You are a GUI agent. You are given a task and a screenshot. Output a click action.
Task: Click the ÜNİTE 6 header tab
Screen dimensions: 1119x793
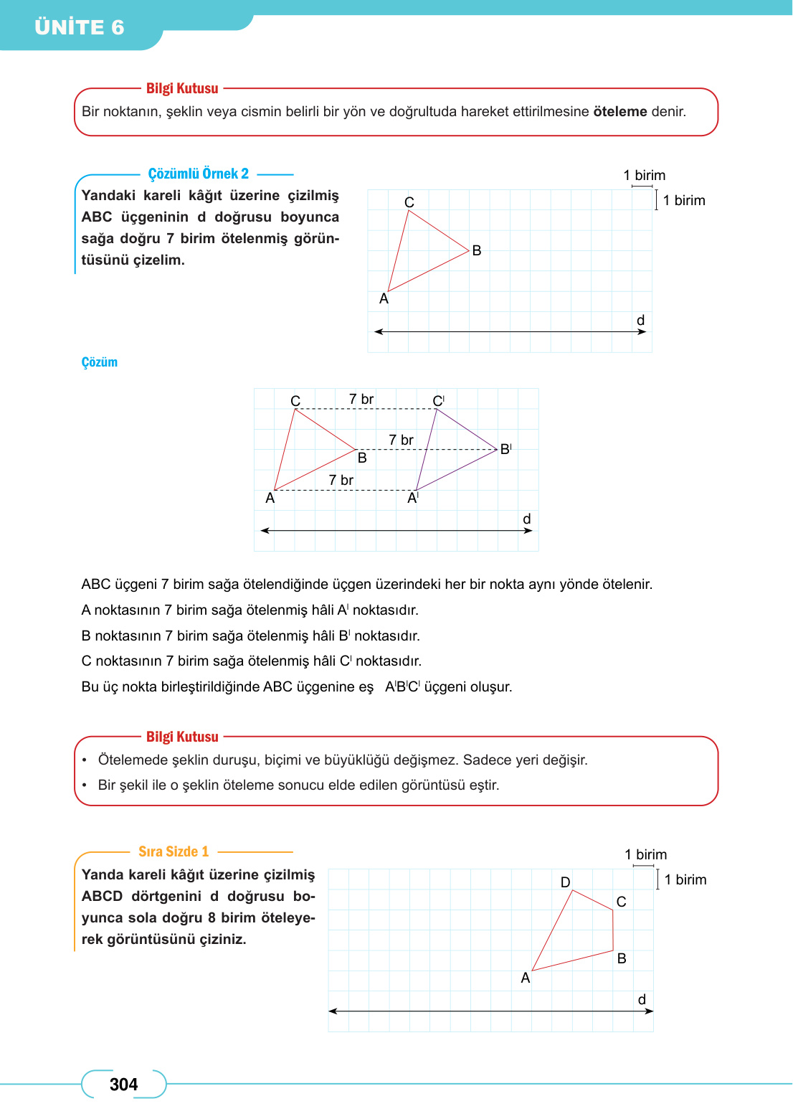(80, 27)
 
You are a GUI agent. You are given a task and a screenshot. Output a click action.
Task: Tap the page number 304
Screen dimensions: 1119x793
(123, 1084)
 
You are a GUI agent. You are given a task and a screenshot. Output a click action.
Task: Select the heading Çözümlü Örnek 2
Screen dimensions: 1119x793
(198, 174)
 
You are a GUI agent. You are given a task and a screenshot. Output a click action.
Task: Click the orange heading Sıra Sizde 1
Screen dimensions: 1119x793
(174, 851)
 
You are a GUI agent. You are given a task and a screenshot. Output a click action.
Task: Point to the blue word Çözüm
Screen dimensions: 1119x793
(99, 362)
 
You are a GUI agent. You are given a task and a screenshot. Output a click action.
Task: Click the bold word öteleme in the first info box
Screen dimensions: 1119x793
(619, 111)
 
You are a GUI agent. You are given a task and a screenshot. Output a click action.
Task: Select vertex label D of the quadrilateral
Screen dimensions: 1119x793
(565, 882)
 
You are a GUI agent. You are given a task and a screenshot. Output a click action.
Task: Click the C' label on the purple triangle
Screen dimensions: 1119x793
(438, 400)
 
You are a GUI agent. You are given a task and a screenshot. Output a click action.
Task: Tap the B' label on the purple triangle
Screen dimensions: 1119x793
(505, 449)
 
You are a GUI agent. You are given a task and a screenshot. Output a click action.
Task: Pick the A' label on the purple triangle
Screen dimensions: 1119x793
(413, 498)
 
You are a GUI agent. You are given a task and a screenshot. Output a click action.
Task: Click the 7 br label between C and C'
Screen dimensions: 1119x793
(361, 399)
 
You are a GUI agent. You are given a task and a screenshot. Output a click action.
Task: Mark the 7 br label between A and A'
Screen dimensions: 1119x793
(341, 480)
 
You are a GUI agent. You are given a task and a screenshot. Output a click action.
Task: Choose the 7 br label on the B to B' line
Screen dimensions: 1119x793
(401, 440)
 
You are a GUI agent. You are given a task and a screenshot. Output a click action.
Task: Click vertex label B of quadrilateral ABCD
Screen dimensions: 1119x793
(622, 958)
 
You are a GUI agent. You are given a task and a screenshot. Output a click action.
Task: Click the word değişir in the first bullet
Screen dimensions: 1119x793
(564, 760)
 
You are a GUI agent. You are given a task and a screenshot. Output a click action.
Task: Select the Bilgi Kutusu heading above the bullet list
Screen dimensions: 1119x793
(182, 737)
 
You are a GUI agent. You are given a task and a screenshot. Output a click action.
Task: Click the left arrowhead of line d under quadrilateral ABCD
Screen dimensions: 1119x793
(332, 1011)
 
